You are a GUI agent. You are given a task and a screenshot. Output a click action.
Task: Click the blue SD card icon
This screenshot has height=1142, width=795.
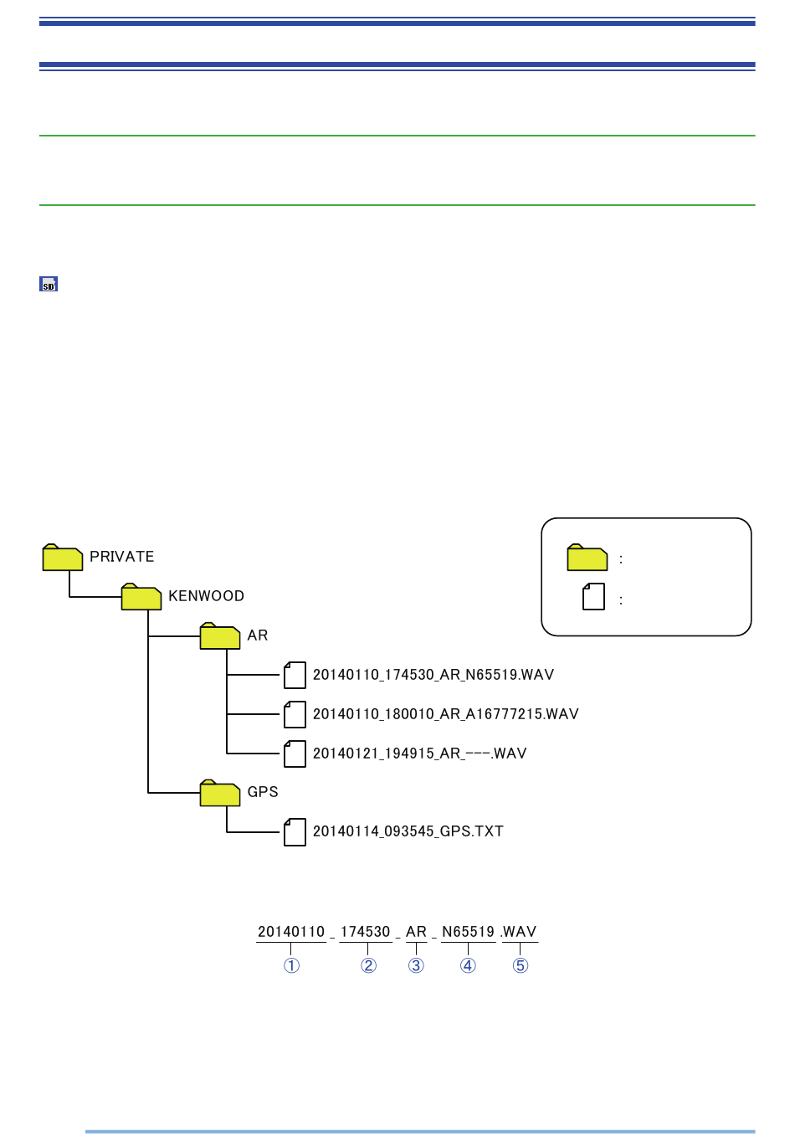point(49,284)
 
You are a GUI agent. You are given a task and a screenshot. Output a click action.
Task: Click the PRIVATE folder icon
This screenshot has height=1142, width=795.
point(63,558)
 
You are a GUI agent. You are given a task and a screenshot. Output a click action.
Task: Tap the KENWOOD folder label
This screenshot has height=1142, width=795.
point(207,596)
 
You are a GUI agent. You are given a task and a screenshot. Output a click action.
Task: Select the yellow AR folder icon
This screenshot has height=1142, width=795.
point(220,635)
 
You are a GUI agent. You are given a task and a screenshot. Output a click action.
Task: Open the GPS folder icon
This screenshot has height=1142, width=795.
point(220,793)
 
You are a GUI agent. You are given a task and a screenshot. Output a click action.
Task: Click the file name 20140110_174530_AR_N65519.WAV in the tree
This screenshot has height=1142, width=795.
point(433,675)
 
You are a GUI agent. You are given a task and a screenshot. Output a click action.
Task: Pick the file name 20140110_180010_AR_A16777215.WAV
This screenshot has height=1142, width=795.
point(446,713)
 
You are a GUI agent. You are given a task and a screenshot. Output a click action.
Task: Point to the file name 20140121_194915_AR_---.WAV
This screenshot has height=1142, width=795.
point(419,753)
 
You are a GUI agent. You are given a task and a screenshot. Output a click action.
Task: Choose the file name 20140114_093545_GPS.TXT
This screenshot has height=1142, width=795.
point(408,831)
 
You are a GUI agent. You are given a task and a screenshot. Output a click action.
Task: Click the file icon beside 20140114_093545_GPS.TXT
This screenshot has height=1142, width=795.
point(295,832)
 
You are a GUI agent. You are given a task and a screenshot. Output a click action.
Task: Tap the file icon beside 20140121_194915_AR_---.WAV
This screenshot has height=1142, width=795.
point(295,754)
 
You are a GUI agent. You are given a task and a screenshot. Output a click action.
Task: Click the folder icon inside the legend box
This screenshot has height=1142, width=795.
point(587,558)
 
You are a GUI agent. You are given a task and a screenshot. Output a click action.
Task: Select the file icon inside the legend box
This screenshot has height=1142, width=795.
point(593,596)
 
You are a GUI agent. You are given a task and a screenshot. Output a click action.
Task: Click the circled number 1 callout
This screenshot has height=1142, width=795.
point(291,965)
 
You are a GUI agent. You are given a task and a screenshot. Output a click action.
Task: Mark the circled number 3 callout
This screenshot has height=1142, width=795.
point(417,965)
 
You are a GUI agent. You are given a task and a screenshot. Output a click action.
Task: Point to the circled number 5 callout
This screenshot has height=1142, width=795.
point(521,965)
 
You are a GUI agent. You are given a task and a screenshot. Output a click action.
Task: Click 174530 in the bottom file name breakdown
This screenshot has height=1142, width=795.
point(366,932)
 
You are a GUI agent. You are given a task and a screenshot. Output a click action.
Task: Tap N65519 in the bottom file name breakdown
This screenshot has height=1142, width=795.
point(469,932)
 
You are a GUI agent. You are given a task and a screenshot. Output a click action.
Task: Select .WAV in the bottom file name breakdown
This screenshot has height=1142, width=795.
point(518,932)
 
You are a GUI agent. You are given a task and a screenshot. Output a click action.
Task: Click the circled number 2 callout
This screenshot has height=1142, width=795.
point(369,965)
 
